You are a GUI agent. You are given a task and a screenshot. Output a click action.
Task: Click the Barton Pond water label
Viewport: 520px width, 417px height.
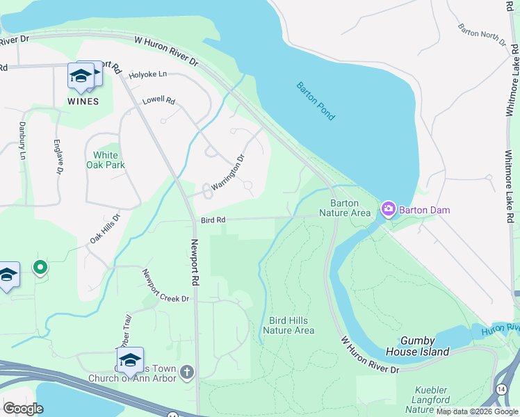316,101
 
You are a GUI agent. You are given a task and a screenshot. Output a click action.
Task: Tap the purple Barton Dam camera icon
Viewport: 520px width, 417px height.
388,208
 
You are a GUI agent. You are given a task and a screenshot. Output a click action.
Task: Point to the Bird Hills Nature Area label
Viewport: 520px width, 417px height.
291,325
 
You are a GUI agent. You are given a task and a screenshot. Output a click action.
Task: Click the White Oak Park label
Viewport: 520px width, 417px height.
105,160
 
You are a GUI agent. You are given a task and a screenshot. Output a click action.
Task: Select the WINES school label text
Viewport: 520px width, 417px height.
83,101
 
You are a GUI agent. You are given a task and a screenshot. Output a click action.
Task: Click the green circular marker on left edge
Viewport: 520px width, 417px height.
40,266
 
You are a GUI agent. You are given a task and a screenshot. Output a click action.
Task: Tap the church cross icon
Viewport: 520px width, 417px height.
186,373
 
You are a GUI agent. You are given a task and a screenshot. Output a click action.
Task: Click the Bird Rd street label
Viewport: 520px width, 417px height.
213,220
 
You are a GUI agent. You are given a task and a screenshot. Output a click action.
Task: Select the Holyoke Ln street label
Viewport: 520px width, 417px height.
148,74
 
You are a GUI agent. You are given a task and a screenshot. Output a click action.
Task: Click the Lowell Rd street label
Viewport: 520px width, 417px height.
159,100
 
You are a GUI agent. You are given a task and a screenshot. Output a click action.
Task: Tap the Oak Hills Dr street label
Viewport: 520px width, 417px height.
105,229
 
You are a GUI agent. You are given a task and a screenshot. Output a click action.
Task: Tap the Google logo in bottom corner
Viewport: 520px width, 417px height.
23,409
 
